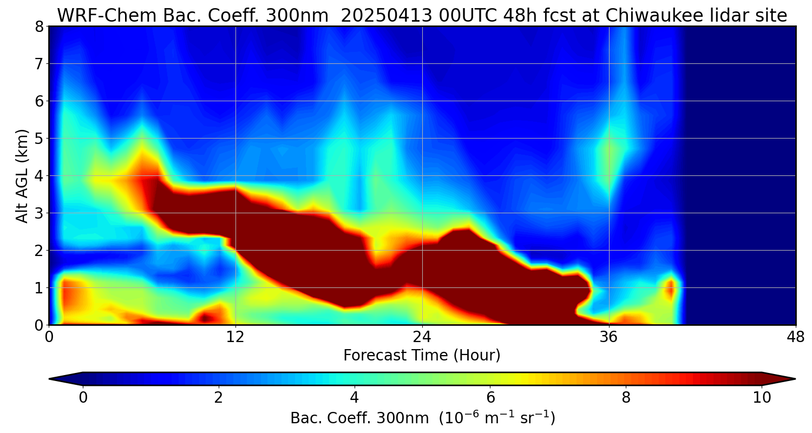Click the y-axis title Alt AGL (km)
click(x=22, y=176)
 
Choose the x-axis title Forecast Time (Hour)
click(x=422, y=355)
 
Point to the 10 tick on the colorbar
click(x=762, y=397)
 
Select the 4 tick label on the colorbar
click(x=355, y=397)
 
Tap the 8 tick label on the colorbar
click(x=626, y=397)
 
